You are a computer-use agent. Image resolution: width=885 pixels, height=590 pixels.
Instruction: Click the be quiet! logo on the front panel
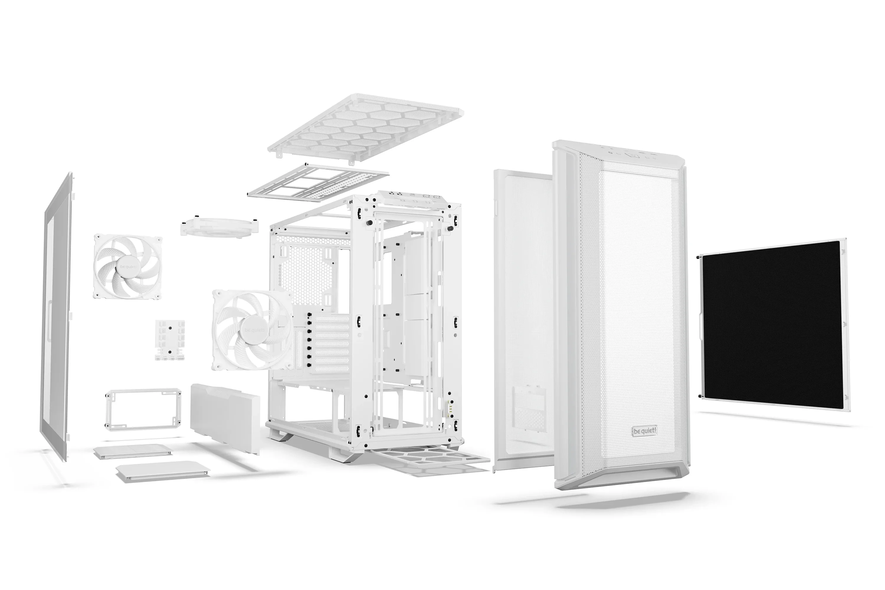(645, 431)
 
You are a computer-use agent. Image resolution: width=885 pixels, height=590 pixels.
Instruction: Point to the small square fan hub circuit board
(171, 340)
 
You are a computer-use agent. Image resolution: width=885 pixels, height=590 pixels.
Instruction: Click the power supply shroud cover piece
(224, 417)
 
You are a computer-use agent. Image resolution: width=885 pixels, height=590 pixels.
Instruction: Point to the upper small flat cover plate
(133, 451)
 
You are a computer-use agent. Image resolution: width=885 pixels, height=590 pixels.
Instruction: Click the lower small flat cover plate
(163, 472)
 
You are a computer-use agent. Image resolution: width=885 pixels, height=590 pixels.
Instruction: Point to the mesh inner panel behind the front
(523, 324)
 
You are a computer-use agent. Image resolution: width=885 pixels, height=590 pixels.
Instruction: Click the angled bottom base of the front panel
(621, 478)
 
